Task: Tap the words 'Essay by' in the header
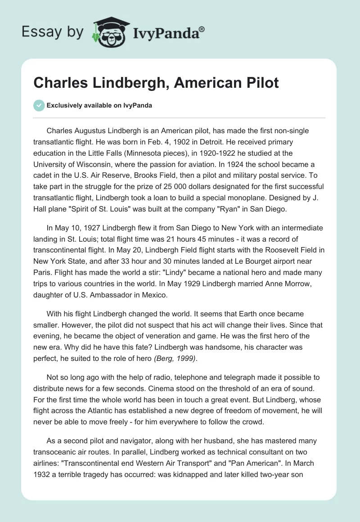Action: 53,32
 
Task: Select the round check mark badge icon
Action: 39,106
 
